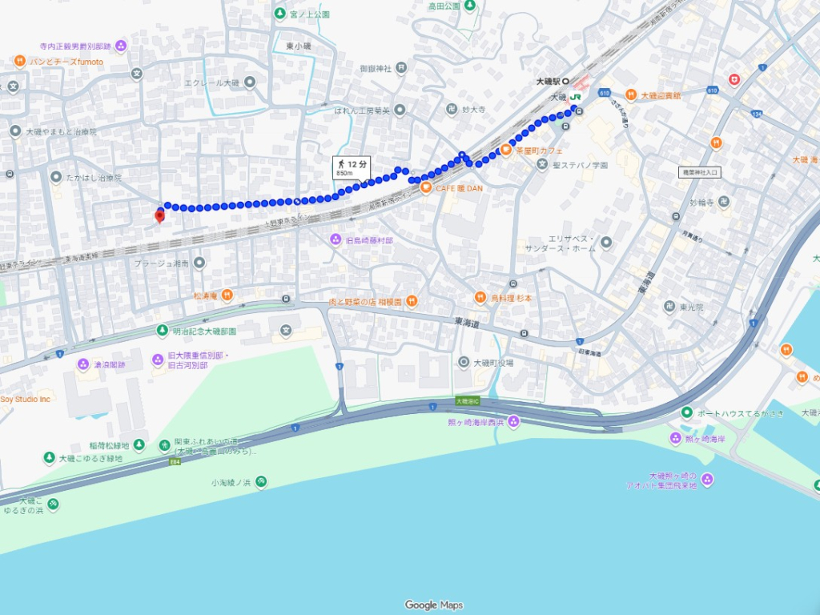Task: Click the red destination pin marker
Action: pyautogui.click(x=159, y=215)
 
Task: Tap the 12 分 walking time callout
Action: pyautogui.click(x=352, y=167)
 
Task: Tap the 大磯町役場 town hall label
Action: pyautogui.click(x=492, y=363)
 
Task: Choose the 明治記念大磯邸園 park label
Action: pyautogui.click(x=204, y=331)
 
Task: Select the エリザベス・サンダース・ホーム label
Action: pyautogui.click(x=572, y=243)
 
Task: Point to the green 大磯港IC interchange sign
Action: pyautogui.click(x=466, y=400)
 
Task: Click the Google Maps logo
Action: pyautogui.click(x=433, y=605)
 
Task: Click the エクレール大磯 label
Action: pyautogui.click(x=212, y=82)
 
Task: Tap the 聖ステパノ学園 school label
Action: pyautogui.click(x=580, y=165)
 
